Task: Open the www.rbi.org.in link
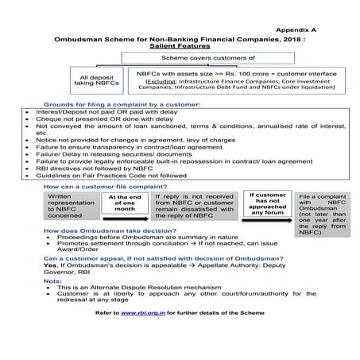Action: pyautogui.click(x=138, y=314)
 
